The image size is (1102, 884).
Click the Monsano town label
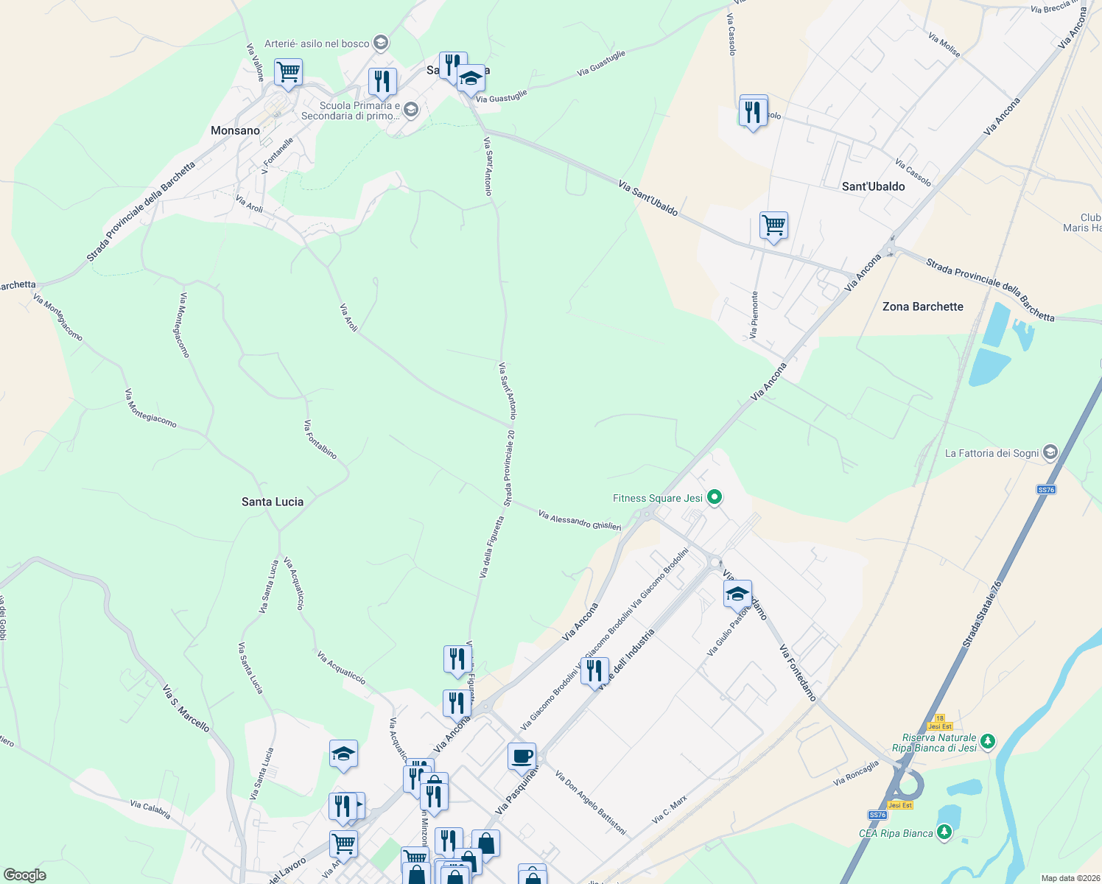point(235,130)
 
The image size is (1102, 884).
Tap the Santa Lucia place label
point(273,502)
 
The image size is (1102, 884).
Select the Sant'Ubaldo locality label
point(873,186)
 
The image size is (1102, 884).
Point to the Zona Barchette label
point(922,306)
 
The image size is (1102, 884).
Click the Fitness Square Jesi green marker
point(714,498)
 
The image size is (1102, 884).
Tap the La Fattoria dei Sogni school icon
point(1050,453)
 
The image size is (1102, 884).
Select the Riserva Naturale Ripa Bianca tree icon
point(988,741)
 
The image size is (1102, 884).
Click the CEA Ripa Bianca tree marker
point(944,833)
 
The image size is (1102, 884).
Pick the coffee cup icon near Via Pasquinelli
point(522,757)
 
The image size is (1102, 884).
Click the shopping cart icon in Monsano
point(288,73)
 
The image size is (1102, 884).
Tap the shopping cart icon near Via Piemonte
point(773,225)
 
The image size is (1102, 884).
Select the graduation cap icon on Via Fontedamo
point(737,594)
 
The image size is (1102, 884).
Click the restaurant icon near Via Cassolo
point(753,112)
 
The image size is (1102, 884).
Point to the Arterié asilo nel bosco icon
point(381,43)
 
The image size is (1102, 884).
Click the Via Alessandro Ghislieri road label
point(580,520)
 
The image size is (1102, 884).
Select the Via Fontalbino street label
point(320,440)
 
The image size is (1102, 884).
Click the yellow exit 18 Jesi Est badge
point(939,722)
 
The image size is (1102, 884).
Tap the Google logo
point(25,874)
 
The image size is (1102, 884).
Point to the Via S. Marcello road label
point(186,709)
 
